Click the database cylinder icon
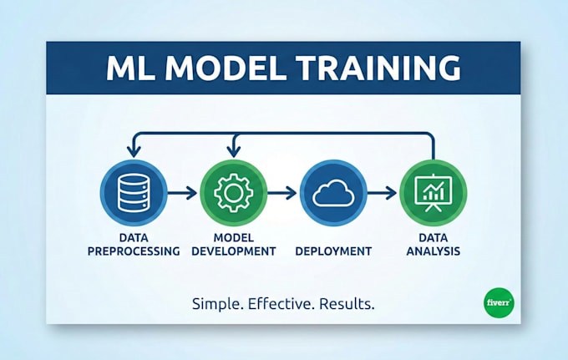133,193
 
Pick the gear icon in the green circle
233,193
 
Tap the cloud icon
332,193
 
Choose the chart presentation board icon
433,193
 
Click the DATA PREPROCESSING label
133,244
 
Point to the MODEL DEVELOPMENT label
233,244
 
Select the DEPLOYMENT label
332,250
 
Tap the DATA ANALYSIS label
433,244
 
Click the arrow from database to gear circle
183,193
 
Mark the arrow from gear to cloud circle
283,193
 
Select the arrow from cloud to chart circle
383,193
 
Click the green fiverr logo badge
500,302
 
